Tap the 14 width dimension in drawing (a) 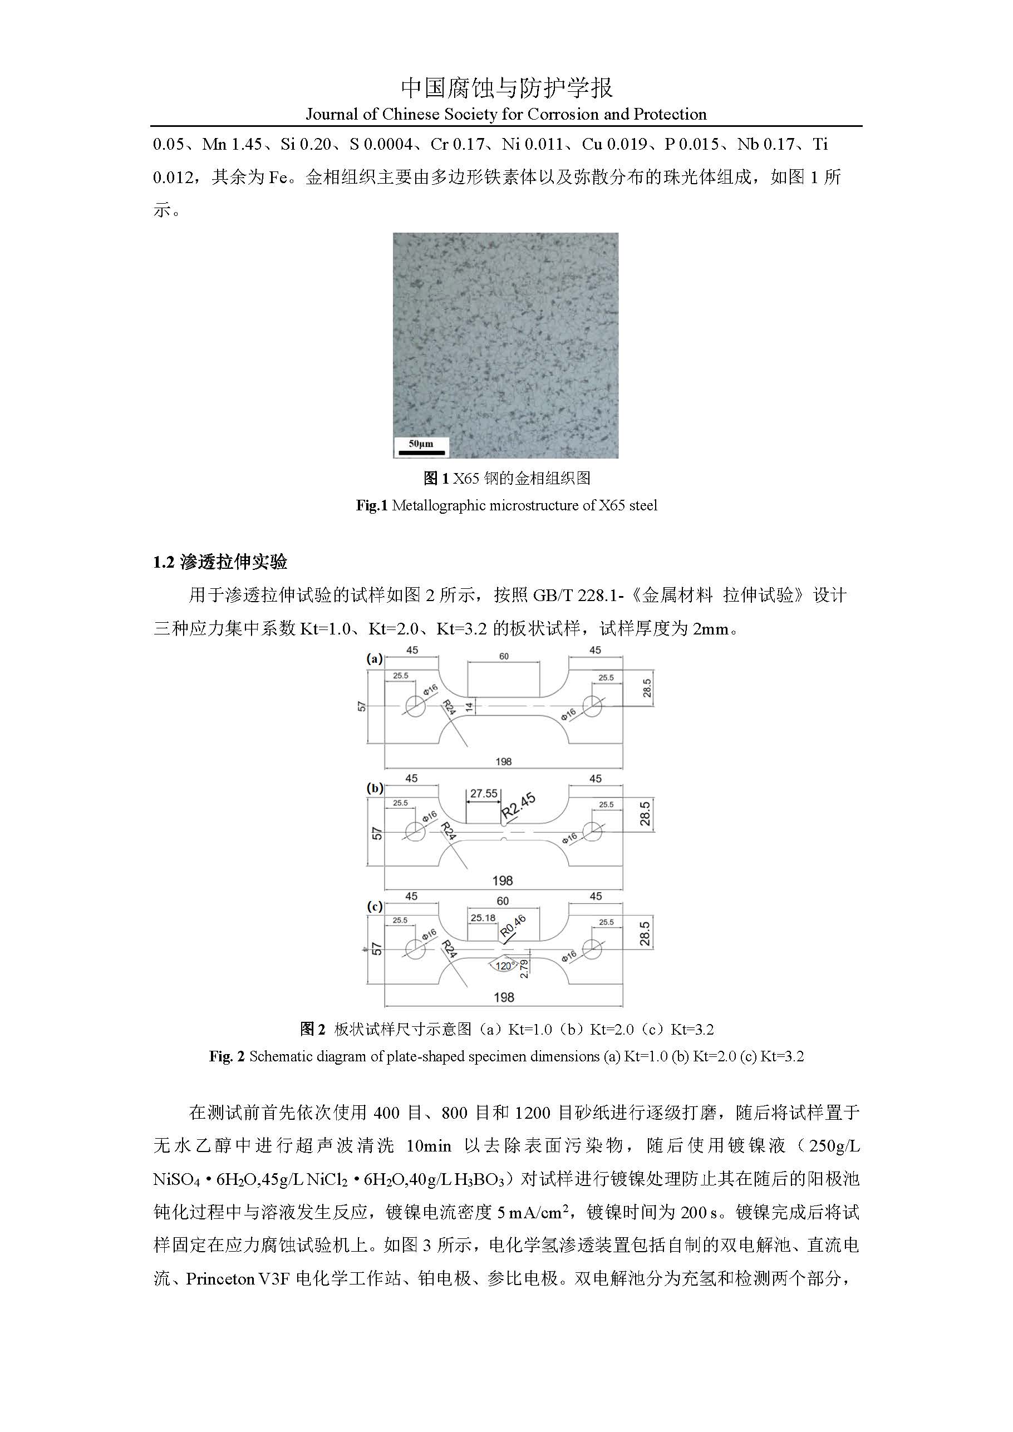471,706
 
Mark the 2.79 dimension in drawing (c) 524,968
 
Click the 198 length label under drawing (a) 503,761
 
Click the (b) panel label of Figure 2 374,788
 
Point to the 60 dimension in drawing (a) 503,656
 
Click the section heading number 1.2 164,563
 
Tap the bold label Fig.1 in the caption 372,505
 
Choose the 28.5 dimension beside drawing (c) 645,934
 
